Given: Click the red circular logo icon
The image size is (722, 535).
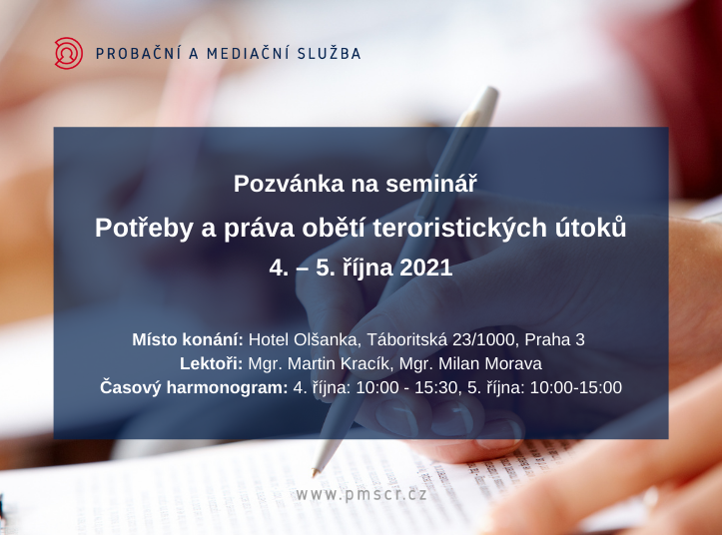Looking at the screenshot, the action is (69, 53).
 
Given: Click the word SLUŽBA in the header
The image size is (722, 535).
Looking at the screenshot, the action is (329, 53).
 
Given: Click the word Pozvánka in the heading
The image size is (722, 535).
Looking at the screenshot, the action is (289, 184).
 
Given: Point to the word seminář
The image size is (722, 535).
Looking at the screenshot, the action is (431, 184).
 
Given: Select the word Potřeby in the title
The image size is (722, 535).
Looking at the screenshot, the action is (144, 229).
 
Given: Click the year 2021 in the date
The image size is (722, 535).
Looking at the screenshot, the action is (426, 267).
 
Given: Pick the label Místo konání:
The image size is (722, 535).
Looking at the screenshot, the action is (188, 339).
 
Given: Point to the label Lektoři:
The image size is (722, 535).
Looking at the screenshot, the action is (212, 363).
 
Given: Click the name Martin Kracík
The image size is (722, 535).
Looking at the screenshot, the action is (341, 363).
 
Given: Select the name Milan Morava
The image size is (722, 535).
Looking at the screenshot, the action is (490, 363).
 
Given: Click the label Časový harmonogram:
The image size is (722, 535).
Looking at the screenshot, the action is (194, 387).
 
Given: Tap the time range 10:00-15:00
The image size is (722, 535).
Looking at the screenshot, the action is (576, 387).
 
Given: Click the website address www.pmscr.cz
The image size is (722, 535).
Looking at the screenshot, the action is (361, 495).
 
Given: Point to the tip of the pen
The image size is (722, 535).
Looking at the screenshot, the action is (315, 474).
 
